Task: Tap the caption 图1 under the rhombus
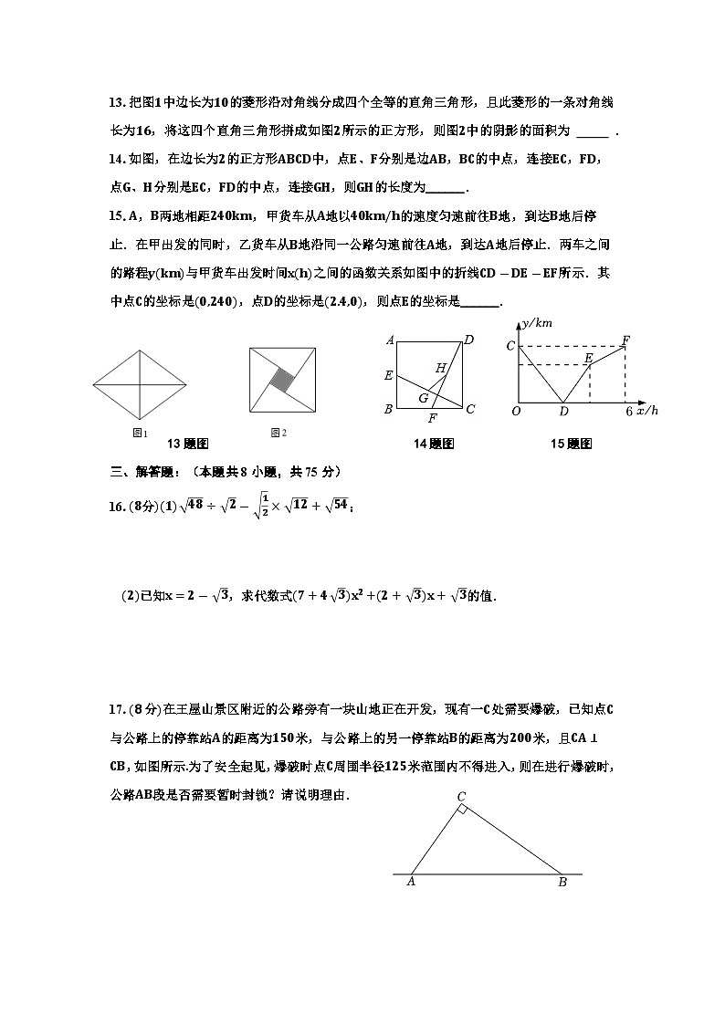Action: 140,432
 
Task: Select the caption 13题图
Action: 188,444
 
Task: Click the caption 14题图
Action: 435,444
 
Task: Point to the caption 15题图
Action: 572,444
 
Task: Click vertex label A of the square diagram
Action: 390,340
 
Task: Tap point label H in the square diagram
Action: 441,368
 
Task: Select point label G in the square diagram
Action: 424,398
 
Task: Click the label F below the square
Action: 432,419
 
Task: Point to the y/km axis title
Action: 536,324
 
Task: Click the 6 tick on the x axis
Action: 628,412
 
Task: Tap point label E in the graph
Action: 588,359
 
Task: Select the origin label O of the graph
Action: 516,412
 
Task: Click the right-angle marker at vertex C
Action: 463,810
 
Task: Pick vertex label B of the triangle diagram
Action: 562,882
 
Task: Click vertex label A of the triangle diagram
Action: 411,882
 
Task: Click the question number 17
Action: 115,709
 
